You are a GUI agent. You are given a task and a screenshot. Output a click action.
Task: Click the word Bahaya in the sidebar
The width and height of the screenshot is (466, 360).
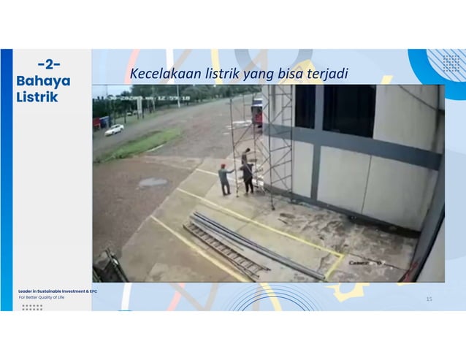pos(43,81)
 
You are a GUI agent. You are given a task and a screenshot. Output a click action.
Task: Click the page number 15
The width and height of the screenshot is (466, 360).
pos(429,298)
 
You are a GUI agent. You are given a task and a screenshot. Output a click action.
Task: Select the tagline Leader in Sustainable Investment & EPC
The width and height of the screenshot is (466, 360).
pos(58,291)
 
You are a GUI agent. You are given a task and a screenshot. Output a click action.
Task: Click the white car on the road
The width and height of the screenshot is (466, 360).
pos(114,129)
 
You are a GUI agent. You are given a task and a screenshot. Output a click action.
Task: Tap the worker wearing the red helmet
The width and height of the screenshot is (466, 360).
pos(225,178)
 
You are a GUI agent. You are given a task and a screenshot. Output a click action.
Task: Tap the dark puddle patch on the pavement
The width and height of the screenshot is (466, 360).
pos(153,182)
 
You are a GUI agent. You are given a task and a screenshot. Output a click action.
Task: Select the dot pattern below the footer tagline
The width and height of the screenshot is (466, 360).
pos(32,307)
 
